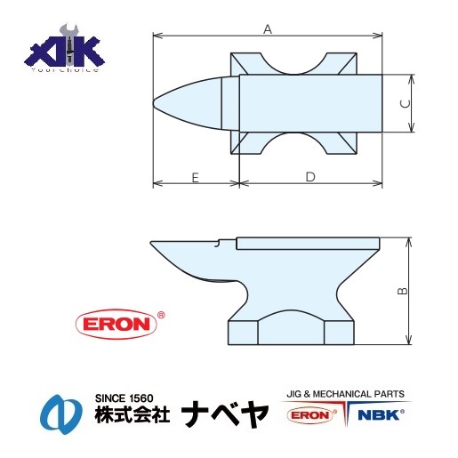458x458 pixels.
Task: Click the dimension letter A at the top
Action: point(268,28)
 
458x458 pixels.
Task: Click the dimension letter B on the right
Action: point(401,291)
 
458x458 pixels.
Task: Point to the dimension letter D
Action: point(310,177)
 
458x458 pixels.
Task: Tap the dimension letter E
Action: point(195,177)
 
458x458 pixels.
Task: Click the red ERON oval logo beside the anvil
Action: point(117,323)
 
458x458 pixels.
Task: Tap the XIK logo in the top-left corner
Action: point(64,53)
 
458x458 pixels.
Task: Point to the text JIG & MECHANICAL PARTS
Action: point(345,392)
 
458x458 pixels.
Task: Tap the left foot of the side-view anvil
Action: point(245,332)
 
